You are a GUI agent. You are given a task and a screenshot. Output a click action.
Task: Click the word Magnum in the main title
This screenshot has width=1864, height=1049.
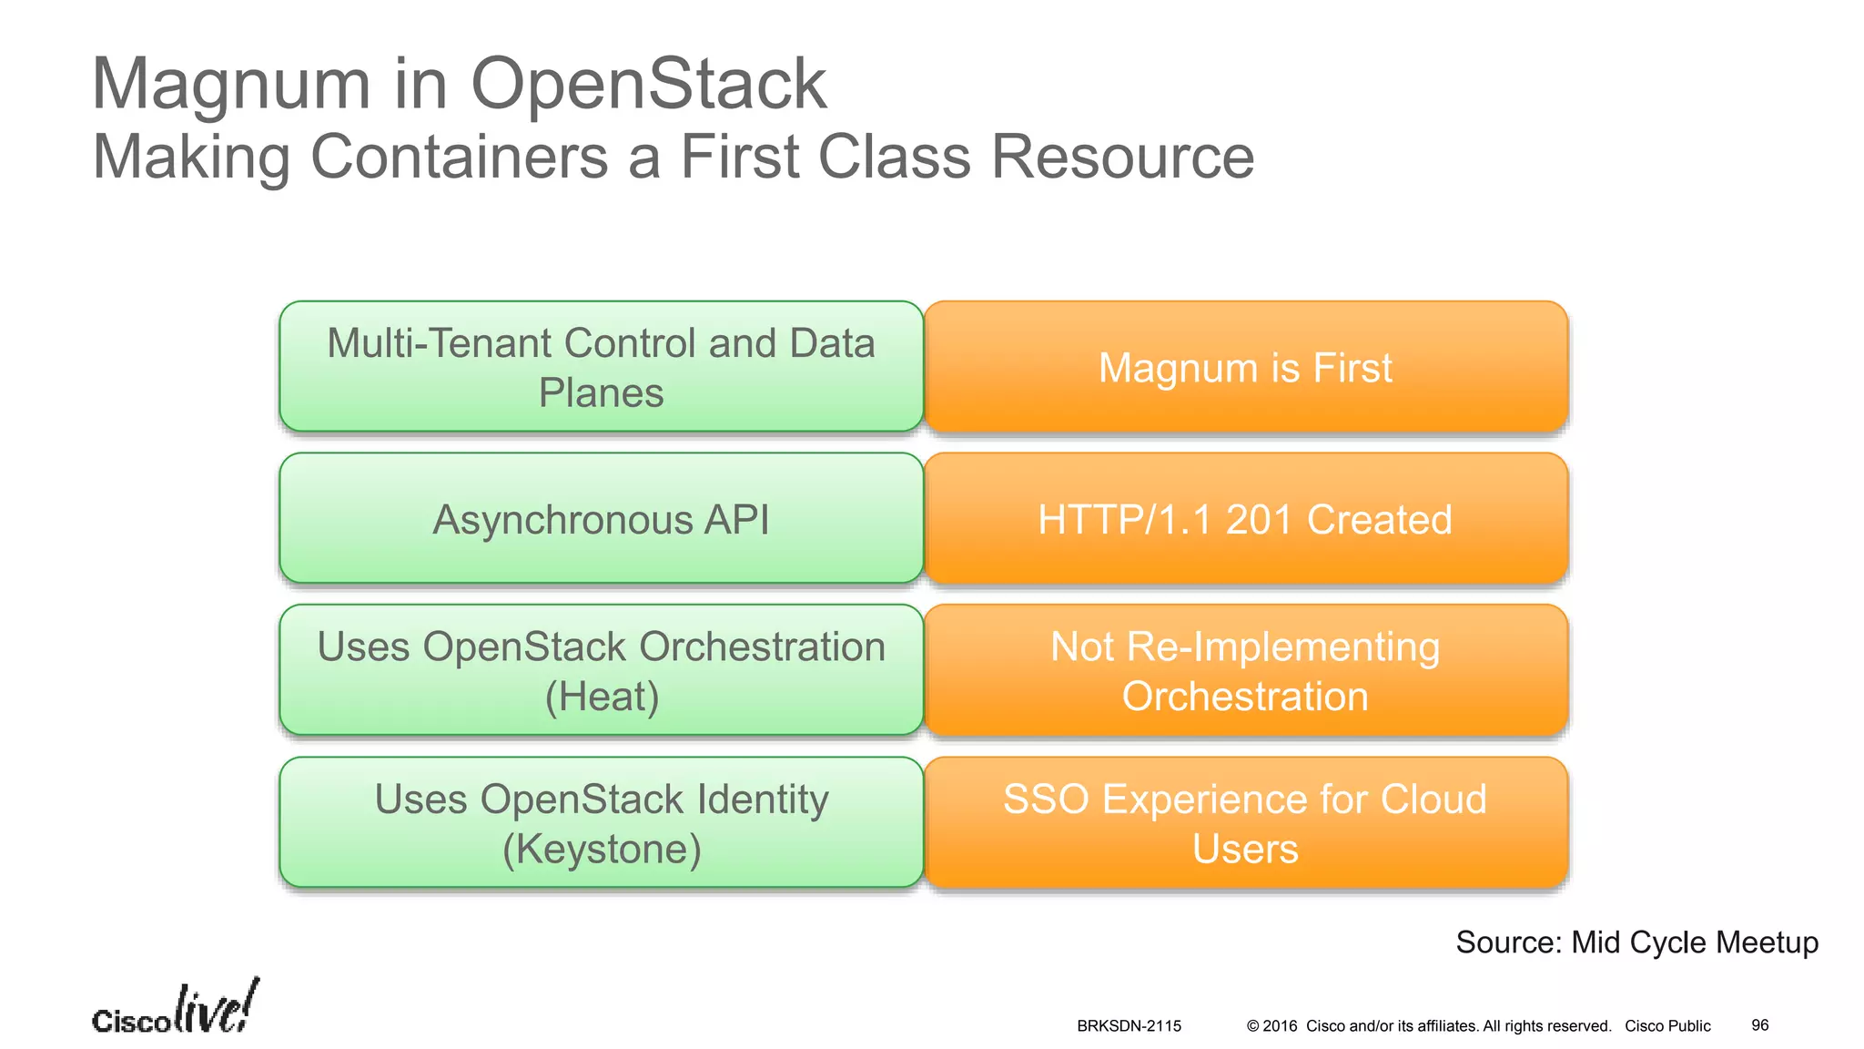tap(231, 85)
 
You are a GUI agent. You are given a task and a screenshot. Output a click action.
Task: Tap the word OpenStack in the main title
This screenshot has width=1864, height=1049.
tap(648, 85)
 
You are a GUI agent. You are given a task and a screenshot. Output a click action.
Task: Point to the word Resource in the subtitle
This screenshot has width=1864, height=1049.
tap(1121, 157)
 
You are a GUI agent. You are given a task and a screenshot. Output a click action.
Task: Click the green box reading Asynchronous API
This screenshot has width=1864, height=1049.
tap(601, 519)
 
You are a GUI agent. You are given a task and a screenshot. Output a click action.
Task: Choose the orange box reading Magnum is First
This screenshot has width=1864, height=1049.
tap(1245, 368)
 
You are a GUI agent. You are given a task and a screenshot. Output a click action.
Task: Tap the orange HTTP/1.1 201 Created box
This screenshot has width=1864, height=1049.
tap(1245, 519)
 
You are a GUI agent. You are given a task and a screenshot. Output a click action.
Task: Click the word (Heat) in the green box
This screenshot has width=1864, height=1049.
tap(602, 697)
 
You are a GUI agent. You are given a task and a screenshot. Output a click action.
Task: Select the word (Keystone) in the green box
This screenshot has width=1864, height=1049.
tap(602, 849)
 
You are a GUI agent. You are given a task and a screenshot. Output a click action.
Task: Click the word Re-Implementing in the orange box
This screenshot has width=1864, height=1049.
tap(1282, 647)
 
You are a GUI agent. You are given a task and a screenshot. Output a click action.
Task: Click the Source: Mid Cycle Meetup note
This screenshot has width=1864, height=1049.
tap(1636, 942)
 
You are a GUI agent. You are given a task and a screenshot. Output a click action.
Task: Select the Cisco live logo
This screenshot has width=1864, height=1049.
tap(175, 1009)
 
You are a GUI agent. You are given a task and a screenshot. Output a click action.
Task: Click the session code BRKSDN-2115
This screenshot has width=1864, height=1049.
tap(1129, 1026)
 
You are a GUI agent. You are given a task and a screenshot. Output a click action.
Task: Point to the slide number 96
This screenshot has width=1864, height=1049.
tap(1759, 1025)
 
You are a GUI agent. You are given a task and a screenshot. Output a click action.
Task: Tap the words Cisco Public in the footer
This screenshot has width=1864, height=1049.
tap(1667, 1026)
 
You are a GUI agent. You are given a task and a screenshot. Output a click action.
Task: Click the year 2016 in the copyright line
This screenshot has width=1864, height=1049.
tap(1280, 1026)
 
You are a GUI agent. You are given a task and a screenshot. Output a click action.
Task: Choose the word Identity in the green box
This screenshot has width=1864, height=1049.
tap(763, 799)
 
